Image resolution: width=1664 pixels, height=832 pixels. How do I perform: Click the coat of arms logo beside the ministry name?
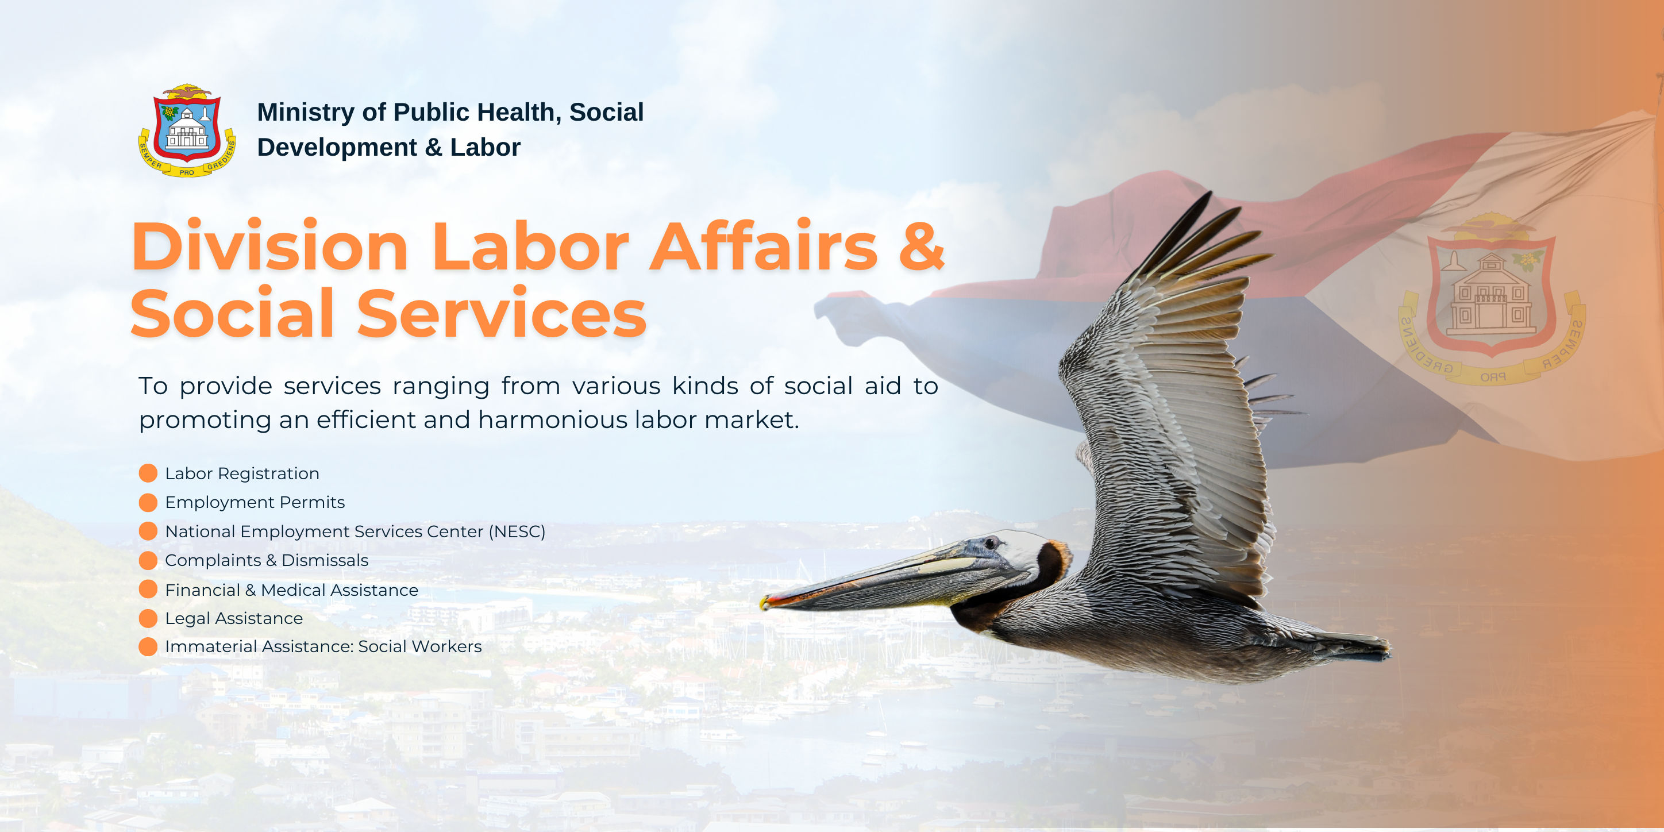(x=187, y=130)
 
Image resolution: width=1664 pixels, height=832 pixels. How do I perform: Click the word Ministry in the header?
(x=306, y=113)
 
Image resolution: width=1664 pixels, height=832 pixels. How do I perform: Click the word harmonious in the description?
(x=553, y=420)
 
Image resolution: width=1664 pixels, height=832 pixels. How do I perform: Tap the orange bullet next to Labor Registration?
(x=148, y=473)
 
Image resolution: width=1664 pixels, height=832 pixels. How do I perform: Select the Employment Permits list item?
(x=255, y=503)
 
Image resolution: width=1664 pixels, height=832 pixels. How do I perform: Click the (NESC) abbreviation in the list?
(x=517, y=531)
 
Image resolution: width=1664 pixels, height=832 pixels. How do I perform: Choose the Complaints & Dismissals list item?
(x=266, y=561)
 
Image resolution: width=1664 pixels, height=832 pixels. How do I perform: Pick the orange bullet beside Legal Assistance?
(x=148, y=618)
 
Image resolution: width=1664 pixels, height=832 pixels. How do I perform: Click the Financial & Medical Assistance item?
(x=291, y=590)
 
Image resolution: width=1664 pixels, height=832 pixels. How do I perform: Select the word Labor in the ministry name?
(x=485, y=147)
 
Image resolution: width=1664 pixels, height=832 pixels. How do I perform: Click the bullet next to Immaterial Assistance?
(x=148, y=646)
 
